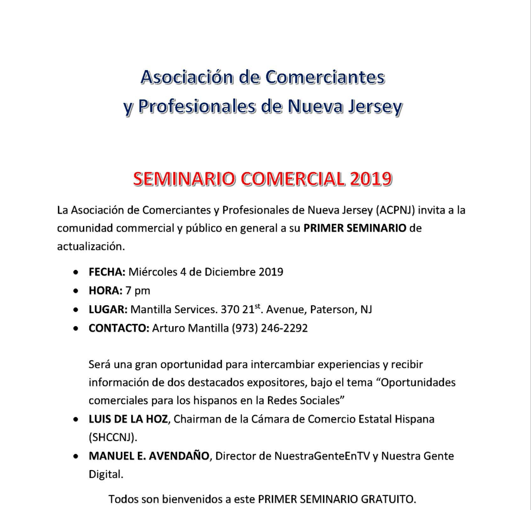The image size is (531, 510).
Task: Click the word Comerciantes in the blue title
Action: (325, 77)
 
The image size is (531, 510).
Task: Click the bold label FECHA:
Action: (107, 272)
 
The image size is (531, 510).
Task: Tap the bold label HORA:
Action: (106, 290)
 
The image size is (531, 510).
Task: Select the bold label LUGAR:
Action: (108, 309)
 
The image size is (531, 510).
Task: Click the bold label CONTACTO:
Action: (119, 328)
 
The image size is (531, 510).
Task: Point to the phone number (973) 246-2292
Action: (269, 328)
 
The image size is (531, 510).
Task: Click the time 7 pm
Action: (138, 290)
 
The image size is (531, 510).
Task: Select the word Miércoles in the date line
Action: (153, 272)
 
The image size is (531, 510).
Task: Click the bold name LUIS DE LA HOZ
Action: (128, 419)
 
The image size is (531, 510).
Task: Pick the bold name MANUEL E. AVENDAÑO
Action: (149, 456)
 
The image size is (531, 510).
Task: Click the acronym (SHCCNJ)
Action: (113, 437)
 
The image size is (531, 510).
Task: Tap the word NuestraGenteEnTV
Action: (322, 456)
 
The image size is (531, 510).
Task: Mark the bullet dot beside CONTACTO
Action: (75, 329)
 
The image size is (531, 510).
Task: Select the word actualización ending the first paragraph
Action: (91, 246)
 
